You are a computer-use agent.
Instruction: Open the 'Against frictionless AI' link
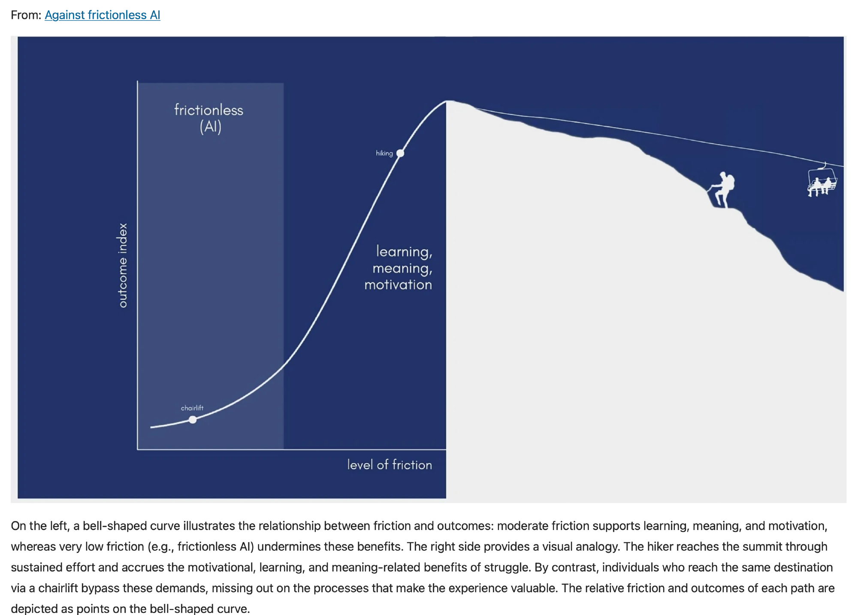[x=102, y=15]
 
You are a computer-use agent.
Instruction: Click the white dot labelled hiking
[x=400, y=153]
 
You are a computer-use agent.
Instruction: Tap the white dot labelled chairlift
[x=193, y=420]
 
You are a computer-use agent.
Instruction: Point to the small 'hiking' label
[x=384, y=153]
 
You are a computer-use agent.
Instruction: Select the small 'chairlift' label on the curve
[x=192, y=408]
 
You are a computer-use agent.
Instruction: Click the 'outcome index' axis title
[x=123, y=265]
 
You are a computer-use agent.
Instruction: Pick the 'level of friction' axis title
[x=389, y=465]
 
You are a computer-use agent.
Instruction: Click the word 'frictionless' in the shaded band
[x=208, y=110]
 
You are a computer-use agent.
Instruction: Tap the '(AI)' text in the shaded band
[x=210, y=127]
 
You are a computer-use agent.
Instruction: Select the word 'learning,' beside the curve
[x=404, y=251]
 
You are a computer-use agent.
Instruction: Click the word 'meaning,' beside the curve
[x=402, y=269]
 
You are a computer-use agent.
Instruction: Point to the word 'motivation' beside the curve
[x=398, y=285]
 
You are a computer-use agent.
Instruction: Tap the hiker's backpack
[x=730, y=182]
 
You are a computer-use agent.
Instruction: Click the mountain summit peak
[x=448, y=102]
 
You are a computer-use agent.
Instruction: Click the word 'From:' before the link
[x=26, y=15]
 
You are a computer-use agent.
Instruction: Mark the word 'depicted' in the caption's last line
[x=33, y=609]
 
